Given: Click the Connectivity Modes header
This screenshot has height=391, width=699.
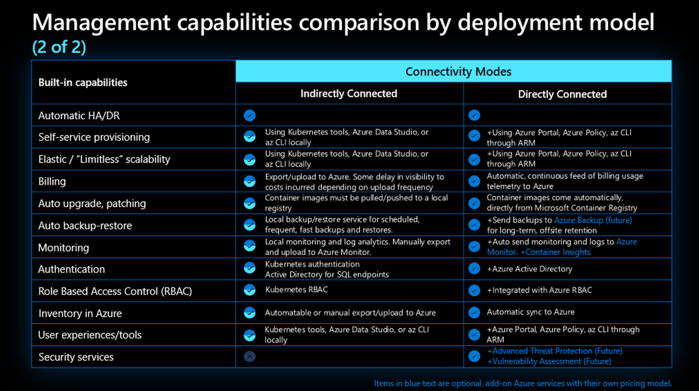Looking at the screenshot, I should point(458,71).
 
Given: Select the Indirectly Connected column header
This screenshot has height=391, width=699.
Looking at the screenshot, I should point(349,93).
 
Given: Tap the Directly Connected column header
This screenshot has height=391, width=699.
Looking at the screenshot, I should point(562,94).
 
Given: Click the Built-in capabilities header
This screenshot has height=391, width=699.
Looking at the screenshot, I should point(83,82).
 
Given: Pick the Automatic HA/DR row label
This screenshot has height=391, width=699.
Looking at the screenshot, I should point(79,116).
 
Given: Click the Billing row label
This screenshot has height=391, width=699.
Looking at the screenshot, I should point(52,181).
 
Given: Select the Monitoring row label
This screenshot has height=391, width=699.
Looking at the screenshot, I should point(63,248).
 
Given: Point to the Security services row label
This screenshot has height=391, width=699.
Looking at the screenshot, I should point(76,357).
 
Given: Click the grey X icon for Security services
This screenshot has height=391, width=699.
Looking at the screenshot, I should point(249,356).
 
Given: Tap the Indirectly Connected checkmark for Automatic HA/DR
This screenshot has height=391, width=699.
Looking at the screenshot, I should point(249,115).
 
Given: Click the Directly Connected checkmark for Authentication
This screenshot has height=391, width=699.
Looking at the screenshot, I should point(474,269).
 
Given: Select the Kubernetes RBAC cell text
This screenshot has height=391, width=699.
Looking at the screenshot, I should point(296,290).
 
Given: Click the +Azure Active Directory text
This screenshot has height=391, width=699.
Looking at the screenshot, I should point(529,269).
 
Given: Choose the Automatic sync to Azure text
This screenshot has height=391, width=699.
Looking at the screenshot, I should point(530,312).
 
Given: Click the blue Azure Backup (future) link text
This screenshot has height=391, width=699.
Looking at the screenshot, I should point(593,220).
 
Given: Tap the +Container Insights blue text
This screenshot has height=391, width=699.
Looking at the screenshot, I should point(555,252).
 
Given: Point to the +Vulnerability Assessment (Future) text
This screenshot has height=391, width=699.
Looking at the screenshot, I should point(549,362).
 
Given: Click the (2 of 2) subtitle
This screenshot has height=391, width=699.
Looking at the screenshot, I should point(59,47).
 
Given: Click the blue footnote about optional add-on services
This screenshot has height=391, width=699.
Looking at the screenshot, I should point(523,383).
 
